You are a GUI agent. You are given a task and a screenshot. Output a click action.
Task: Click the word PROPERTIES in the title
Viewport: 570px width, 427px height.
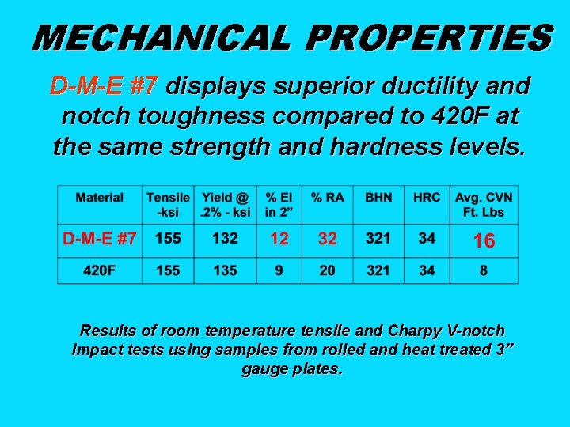pos(429,37)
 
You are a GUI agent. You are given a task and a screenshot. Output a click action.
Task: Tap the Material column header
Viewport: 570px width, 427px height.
pos(99,197)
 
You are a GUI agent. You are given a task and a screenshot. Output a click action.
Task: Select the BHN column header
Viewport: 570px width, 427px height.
pos(378,197)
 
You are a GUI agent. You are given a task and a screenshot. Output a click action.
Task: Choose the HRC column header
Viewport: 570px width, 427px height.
pos(427,197)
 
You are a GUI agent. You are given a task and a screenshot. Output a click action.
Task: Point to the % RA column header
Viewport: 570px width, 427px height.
pos(327,197)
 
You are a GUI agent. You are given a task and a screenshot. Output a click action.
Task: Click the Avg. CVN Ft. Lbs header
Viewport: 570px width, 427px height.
pos(484,204)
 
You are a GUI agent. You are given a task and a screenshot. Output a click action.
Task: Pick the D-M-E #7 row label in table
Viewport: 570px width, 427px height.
pos(99,237)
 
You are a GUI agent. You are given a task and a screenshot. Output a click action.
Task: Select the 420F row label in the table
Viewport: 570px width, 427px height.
pos(100,270)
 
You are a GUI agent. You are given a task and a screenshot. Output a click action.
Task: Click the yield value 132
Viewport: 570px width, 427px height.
pos(226,237)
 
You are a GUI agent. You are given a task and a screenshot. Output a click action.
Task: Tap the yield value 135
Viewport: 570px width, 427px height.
pos(226,270)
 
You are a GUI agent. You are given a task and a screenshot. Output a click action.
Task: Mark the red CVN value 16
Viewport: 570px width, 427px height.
pos(484,241)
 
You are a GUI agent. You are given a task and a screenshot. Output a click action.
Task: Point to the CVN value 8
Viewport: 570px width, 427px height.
pos(484,270)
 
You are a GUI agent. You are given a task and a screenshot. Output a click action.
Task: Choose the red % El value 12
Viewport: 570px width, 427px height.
pos(279,237)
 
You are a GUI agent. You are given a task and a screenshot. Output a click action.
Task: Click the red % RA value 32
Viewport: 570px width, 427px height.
pos(327,237)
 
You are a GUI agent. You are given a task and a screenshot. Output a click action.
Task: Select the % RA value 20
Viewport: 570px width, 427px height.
pos(327,270)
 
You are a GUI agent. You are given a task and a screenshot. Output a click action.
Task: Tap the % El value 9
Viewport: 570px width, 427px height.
pos(279,270)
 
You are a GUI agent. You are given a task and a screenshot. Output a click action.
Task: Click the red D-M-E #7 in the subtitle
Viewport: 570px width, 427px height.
pos(104,85)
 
